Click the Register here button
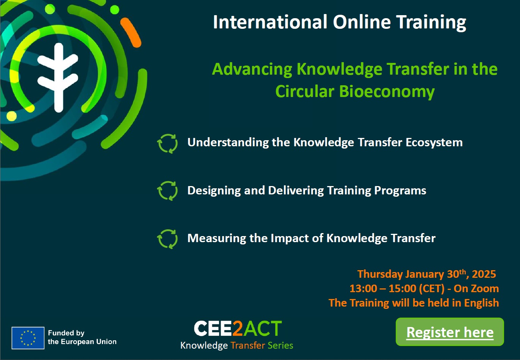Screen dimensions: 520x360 [450, 332]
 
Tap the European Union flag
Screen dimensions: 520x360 [28, 338]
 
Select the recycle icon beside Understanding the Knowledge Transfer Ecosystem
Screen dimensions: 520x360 [168, 144]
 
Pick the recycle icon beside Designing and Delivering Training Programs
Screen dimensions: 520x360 [168, 191]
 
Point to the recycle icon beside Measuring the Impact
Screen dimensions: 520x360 [168, 239]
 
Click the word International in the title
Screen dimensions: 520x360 [270, 22]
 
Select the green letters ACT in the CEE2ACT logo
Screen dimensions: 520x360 [263, 328]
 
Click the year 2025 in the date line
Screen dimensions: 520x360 [484, 274]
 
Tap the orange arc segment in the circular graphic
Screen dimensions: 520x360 [131, 33]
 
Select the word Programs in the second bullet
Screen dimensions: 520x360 [400, 191]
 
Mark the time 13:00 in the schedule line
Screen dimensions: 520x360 [363, 288]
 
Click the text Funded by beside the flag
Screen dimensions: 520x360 [66, 333]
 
